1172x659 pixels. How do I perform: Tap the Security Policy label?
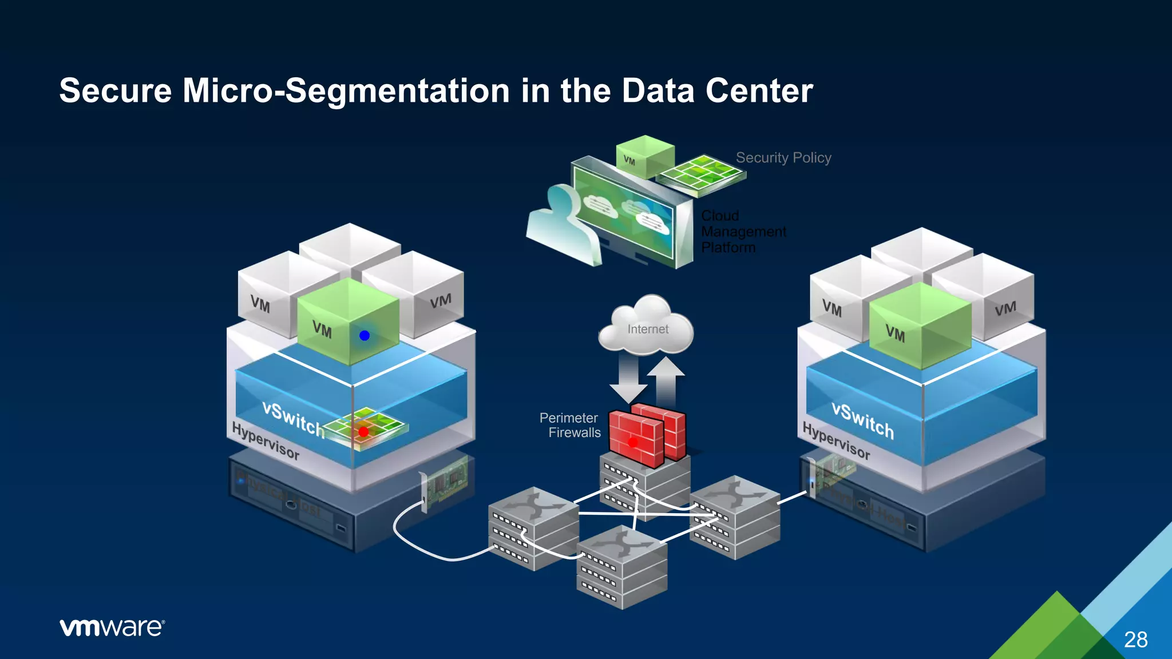tap(783, 157)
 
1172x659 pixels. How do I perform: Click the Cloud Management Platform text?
tap(743, 232)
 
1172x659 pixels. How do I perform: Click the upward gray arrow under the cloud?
tap(666, 380)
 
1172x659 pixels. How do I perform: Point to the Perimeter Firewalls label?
tap(570, 425)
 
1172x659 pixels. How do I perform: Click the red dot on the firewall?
tap(633, 442)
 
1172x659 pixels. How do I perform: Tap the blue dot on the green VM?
tap(365, 336)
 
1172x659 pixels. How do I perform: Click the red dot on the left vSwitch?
tap(363, 432)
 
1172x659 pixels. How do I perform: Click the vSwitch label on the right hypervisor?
tap(862, 420)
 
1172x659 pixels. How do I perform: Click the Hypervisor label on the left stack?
tap(265, 440)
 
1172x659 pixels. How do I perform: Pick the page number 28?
tap(1135, 639)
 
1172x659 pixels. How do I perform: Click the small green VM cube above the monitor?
tap(644, 157)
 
